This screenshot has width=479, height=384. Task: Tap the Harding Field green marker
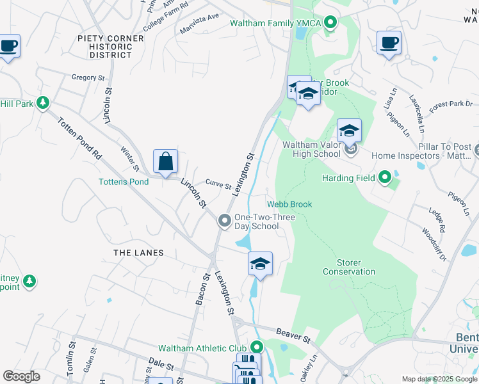point(385,177)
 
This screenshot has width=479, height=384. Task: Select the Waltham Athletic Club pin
point(257,348)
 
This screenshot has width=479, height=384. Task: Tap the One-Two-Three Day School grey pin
point(225,221)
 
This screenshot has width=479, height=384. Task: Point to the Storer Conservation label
point(349,267)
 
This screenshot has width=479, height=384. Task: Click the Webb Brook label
point(289,204)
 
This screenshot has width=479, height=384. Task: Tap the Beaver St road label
point(293,332)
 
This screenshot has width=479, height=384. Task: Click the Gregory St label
point(88,77)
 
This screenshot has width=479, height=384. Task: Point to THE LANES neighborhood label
point(139,253)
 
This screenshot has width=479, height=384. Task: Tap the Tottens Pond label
point(124,182)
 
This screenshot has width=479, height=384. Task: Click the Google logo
point(21,376)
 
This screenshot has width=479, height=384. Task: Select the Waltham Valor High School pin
point(350,151)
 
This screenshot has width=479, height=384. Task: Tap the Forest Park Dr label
point(451,102)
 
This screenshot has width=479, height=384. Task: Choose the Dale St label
point(161,365)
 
